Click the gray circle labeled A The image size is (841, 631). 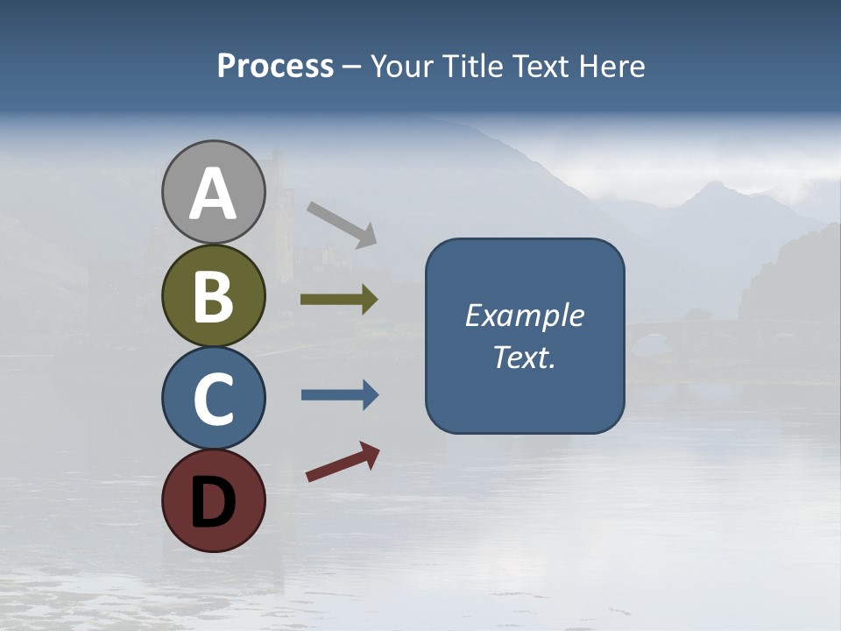pos(213,192)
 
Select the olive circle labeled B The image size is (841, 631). pos(213,295)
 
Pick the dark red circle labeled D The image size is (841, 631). pos(213,500)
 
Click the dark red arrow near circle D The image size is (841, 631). pos(343,462)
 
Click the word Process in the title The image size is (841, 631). pos(275,67)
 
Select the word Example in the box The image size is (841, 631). pos(524,315)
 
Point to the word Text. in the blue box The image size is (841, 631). pos(524,358)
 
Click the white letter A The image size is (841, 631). pos(213,195)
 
